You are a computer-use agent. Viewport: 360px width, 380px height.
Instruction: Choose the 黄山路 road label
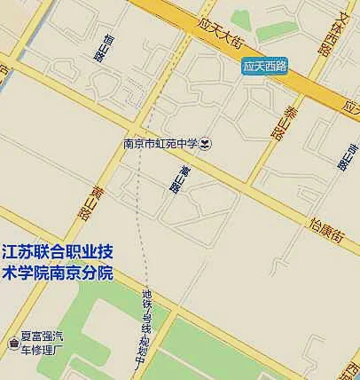[x=85, y=202]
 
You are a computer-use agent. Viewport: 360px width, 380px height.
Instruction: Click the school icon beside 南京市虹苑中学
[x=205, y=142]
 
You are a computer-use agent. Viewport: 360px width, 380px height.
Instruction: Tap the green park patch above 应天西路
[x=241, y=17]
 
